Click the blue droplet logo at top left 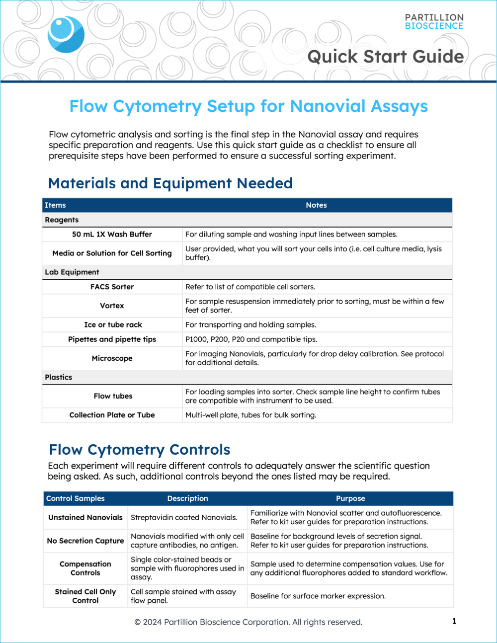click(x=66, y=34)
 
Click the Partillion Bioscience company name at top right click(x=434, y=22)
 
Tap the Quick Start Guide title click(x=385, y=57)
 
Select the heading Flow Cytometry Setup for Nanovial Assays click(x=248, y=106)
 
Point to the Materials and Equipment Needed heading click(x=170, y=183)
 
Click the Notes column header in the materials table click(x=316, y=205)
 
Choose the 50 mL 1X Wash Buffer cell click(x=112, y=235)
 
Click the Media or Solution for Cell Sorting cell click(x=112, y=253)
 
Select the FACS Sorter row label click(x=112, y=287)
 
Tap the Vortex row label click(x=112, y=306)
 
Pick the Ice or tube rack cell click(x=113, y=325)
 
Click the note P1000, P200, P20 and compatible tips click(x=251, y=339)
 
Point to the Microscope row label click(x=112, y=358)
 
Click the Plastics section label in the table click(x=59, y=377)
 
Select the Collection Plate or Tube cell click(x=112, y=415)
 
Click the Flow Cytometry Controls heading click(x=140, y=450)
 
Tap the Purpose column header click(x=350, y=498)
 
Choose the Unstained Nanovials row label click(x=85, y=517)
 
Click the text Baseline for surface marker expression click(x=318, y=596)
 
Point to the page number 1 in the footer click(x=454, y=621)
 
